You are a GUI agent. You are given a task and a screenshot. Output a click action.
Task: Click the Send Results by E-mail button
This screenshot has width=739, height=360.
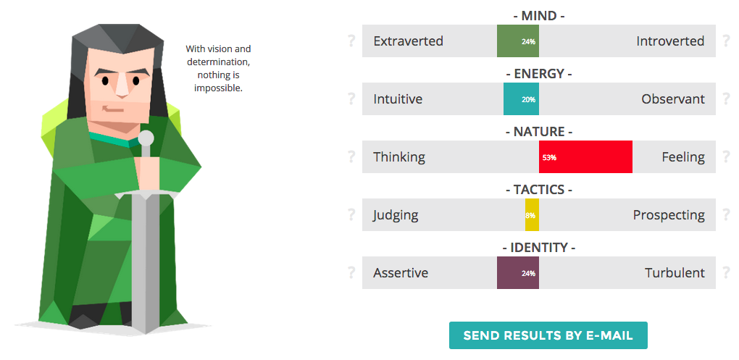pos(548,335)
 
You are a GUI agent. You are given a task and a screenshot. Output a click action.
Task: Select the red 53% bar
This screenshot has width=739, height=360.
pos(586,157)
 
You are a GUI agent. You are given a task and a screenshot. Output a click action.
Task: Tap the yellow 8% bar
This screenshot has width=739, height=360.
pos(532,215)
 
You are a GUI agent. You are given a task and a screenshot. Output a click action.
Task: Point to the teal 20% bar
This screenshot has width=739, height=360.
pos(521,99)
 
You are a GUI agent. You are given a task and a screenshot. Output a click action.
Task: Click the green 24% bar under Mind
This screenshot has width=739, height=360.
pos(518,41)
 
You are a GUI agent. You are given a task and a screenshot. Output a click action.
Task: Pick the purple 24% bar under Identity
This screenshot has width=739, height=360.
pos(518,273)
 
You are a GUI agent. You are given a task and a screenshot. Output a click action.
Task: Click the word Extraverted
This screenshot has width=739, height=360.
pos(408,41)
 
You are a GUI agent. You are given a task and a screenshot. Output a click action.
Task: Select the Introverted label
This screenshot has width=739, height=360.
pos(670,41)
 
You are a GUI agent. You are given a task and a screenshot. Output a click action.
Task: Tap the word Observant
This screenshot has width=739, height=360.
pos(673,99)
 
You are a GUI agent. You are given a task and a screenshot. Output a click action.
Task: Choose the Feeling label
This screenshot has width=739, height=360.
pos(683,157)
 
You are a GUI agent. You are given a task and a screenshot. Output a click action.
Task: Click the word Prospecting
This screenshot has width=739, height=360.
pos(669,215)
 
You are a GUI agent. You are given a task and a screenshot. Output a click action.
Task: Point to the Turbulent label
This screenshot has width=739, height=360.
pos(675,273)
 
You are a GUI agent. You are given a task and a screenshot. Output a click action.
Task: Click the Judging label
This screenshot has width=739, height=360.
pos(396,215)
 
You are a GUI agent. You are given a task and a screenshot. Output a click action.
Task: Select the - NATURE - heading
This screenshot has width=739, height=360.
pos(539,131)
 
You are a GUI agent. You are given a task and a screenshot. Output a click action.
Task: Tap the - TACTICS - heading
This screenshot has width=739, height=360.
pos(539,190)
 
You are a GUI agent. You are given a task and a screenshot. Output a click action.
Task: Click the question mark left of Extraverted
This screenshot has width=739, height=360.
pos(351,41)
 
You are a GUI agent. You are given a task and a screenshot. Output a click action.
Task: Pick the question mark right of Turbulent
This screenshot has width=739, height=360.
pos(726,273)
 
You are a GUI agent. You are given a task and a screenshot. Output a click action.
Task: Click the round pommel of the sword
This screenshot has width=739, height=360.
pos(146,138)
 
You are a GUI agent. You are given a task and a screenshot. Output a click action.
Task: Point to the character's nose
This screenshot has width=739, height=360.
pos(122,85)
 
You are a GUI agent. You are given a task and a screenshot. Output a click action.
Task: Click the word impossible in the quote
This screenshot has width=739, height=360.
pos(218,88)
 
